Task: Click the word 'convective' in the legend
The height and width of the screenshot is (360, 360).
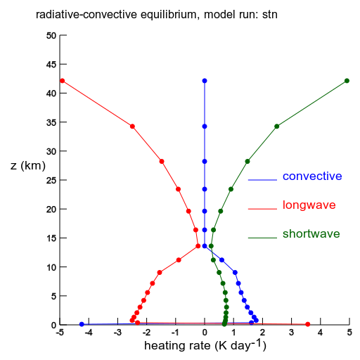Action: point(312,176)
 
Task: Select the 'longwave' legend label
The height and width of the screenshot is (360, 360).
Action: point(309,205)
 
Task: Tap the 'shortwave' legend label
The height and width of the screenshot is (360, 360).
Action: point(311,234)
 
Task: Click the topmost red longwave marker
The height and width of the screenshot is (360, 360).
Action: point(62,81)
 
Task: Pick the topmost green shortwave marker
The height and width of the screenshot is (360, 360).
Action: point(347,81)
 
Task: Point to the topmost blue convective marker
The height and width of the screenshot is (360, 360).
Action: point(205,81)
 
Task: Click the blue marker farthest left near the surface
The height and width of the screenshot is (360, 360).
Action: point(82,324)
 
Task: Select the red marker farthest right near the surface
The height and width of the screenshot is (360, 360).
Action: point(308,324)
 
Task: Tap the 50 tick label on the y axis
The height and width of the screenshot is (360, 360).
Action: point(51,36)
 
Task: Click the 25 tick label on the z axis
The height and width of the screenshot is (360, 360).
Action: point(51,180)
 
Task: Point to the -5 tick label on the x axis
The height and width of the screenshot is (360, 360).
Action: point(60,333)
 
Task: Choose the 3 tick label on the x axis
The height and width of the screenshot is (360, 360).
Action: point(291,333)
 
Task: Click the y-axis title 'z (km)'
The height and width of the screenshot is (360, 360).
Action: point(28,166)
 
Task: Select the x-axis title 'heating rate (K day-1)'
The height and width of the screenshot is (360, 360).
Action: point(205,345)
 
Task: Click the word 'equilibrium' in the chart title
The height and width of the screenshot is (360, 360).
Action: point(168,15)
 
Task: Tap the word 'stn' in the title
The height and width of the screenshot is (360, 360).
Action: point(270,15)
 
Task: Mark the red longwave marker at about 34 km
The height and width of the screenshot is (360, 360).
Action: point(132,127)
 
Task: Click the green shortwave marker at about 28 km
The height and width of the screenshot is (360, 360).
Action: point(247,161)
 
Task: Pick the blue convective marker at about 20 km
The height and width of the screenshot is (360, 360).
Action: point(205,211)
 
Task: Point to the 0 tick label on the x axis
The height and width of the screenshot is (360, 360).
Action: point(205,333)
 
